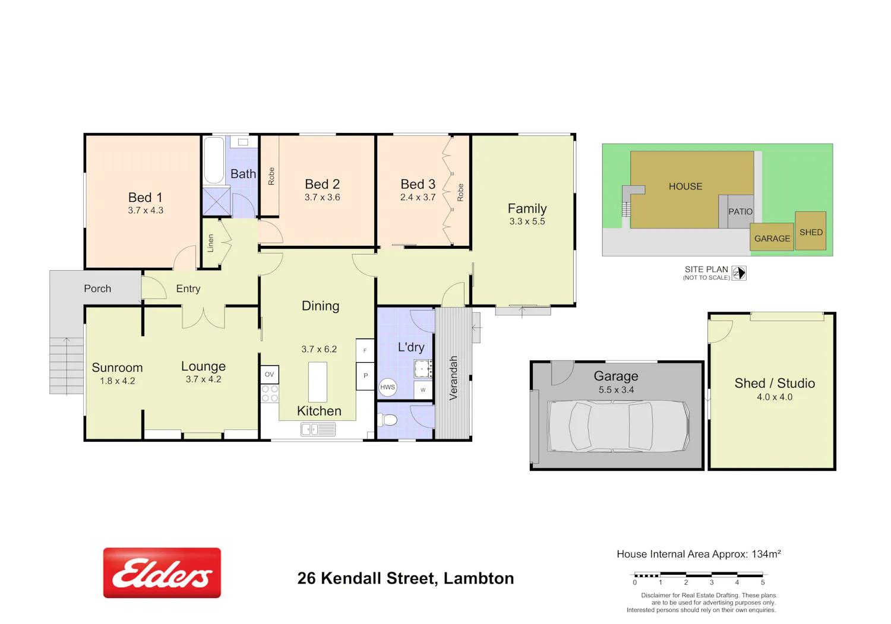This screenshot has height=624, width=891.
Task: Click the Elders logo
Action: pos(162,573)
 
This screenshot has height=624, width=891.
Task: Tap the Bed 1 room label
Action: pos(145,197)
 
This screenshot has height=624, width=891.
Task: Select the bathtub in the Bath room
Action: pos(214,160)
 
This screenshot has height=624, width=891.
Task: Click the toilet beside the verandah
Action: pos(388,420)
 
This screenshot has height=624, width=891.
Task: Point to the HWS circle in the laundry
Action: pos(387,387)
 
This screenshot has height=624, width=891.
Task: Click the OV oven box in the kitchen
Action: pos(269,374)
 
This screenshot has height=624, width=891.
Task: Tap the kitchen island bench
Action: pos(317,382)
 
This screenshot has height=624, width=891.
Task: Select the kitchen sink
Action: pos(318,429)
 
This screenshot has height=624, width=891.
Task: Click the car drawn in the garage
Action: pos(618,426)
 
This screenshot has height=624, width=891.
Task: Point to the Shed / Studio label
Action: pos(775,383)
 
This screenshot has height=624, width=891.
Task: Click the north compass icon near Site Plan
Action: pos(739,273)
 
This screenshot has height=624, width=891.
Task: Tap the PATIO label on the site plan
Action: pos(740,211)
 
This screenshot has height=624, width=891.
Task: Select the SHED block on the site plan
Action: pos(811,231)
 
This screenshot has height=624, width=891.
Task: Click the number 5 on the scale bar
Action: pos(763,582)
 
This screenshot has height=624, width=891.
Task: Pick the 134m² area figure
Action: pos(766,554)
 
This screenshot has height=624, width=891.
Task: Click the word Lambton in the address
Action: pos(479,578)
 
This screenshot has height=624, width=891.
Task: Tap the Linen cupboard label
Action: pos(210,243)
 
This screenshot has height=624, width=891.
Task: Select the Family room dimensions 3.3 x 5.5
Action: pos(527,221)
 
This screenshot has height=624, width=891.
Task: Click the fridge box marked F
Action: pos(365,350)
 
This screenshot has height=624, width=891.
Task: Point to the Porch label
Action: pos(97,289)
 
